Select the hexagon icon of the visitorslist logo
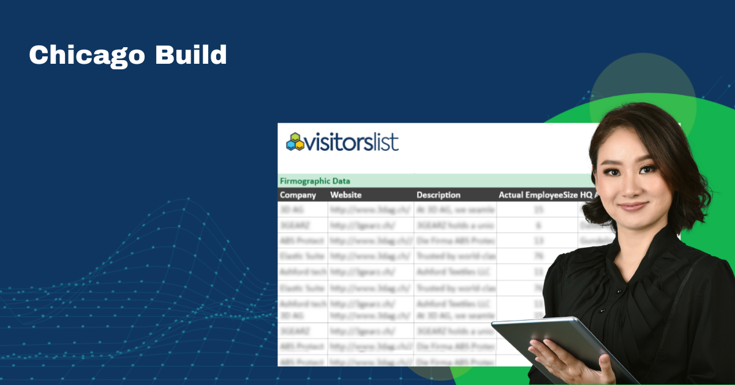295,142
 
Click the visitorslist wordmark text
352,143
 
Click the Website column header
346,195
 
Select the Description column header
439,195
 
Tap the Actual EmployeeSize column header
538,195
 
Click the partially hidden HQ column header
586,195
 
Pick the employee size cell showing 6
538,225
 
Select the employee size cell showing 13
538,240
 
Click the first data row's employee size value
538,210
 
